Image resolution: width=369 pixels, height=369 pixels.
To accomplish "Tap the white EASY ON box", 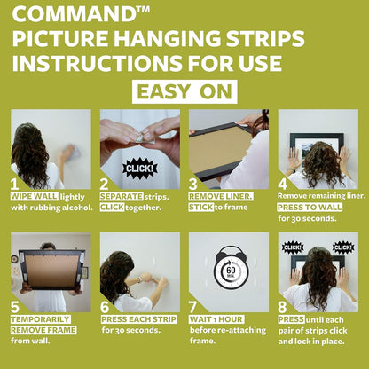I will (184, 90).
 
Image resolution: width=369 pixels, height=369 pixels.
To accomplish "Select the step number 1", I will (15, 184).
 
